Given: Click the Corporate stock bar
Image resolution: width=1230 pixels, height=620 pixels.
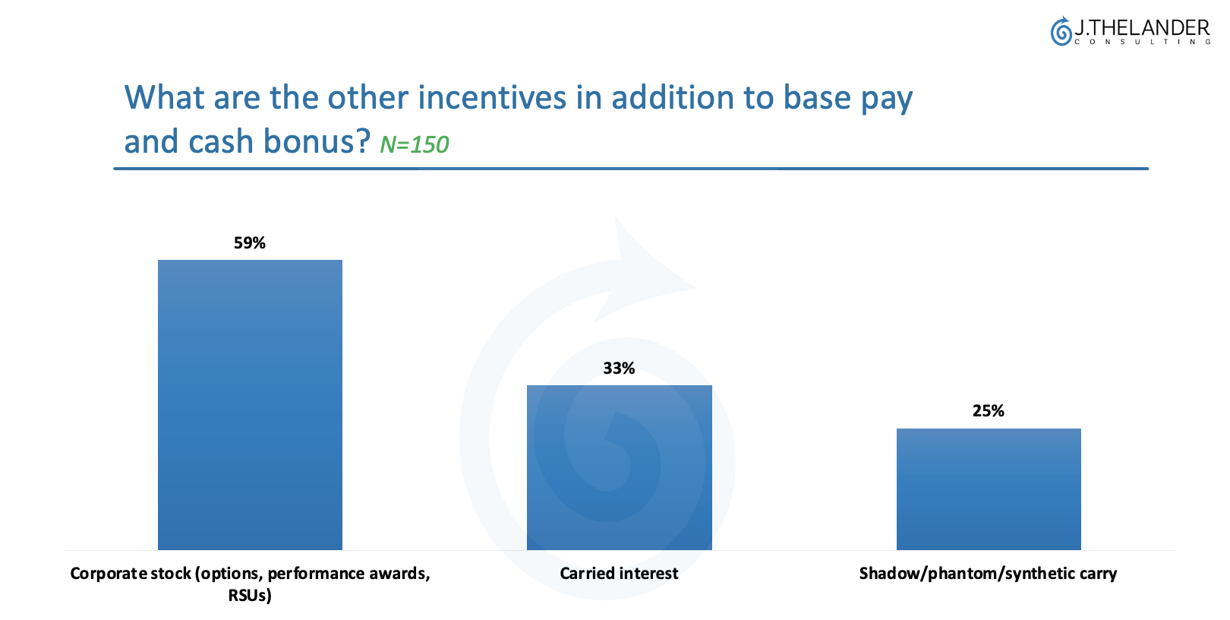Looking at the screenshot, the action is pos(250,404).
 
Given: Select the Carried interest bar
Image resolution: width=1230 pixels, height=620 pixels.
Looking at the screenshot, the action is pos(620,467).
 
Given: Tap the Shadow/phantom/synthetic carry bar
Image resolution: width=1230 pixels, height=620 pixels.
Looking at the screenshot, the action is pos(989,489).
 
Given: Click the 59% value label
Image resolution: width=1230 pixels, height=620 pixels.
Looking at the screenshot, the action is pos(250,243).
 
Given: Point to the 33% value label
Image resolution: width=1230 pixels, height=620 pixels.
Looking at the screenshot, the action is pos(619,369).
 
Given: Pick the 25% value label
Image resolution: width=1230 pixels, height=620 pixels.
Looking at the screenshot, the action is pos(989,411).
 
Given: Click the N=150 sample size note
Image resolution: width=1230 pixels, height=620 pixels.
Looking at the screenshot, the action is pos(415,144).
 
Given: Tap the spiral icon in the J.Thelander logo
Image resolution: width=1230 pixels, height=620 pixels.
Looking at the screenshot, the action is pos(1061,31).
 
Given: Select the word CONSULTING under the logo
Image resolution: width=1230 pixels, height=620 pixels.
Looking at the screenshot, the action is pos(1142,43).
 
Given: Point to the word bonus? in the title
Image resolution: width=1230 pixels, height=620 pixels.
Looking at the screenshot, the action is pos(317,141).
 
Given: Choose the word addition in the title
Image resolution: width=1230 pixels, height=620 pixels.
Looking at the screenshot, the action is pos(672,98).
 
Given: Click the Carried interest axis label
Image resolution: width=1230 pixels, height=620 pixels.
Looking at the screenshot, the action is pos(619,574).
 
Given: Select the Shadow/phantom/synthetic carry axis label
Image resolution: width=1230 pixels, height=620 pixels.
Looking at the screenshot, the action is pos(989,574).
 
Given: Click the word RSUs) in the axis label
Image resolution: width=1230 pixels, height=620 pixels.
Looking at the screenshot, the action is pos(250,596).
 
